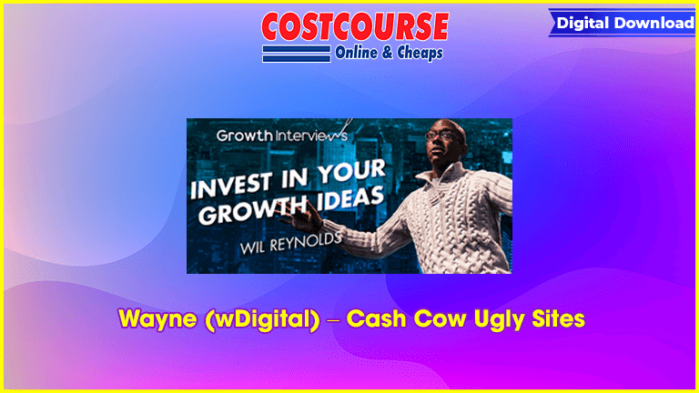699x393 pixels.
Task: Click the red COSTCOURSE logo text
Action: [355, 26]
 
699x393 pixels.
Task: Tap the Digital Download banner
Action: [623, 23]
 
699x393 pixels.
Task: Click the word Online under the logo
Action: [356, 53]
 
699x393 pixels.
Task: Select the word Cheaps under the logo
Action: [420, 53]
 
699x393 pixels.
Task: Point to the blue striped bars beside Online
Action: [297, 54]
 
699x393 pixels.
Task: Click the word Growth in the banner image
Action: [244, 136]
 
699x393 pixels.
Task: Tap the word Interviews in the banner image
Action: [310, 135]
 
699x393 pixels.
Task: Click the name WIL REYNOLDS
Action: [290, 243]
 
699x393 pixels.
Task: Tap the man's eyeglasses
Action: [443, 135]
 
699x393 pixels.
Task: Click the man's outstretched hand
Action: [304, 217]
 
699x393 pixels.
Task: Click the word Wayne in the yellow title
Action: [157, 319]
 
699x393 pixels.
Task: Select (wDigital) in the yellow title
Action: [262, 319]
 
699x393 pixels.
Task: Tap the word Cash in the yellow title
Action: [376, 319]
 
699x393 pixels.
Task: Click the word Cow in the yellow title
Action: [440, 319]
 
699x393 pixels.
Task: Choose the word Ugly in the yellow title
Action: [499, 320]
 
